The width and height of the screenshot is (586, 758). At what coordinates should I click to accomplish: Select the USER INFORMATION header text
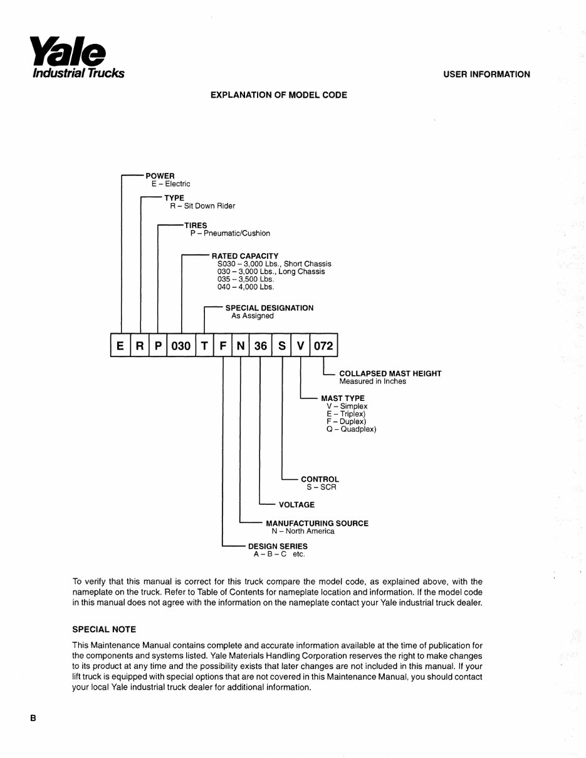coord(486,75)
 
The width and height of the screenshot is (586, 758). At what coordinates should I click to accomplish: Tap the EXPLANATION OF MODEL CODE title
coord(279,95)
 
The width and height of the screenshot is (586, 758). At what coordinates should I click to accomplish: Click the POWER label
coord(160,176)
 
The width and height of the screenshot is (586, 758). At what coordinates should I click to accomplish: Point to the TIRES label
coord(196,225)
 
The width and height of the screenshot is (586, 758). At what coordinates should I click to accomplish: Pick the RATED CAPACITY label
coord(245,256)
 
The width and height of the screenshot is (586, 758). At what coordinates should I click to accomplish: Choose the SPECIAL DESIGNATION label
coord(269,308)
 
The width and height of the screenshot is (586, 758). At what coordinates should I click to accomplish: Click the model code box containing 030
coord(181,345)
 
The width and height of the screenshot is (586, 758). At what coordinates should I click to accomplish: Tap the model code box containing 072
coord(323,345)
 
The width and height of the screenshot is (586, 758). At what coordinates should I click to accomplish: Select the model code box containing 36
coord(260,345)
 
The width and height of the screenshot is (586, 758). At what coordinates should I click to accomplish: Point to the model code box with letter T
coord(204,345)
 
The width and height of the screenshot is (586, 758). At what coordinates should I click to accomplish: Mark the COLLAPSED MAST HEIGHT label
coord(390,373)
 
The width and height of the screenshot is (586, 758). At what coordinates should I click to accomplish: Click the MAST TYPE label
coord(342,398)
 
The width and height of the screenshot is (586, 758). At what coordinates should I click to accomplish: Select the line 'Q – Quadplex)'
coord(351,430)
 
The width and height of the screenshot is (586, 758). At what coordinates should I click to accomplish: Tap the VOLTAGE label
coord(296,505)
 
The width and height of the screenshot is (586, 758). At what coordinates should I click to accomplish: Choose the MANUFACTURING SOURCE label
coord(317,524)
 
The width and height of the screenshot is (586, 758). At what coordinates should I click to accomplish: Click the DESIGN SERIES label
coord(278,546)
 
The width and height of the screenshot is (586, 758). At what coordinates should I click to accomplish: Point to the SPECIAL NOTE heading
coord(104,630)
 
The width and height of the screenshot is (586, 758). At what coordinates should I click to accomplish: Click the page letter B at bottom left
coord(33,719)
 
